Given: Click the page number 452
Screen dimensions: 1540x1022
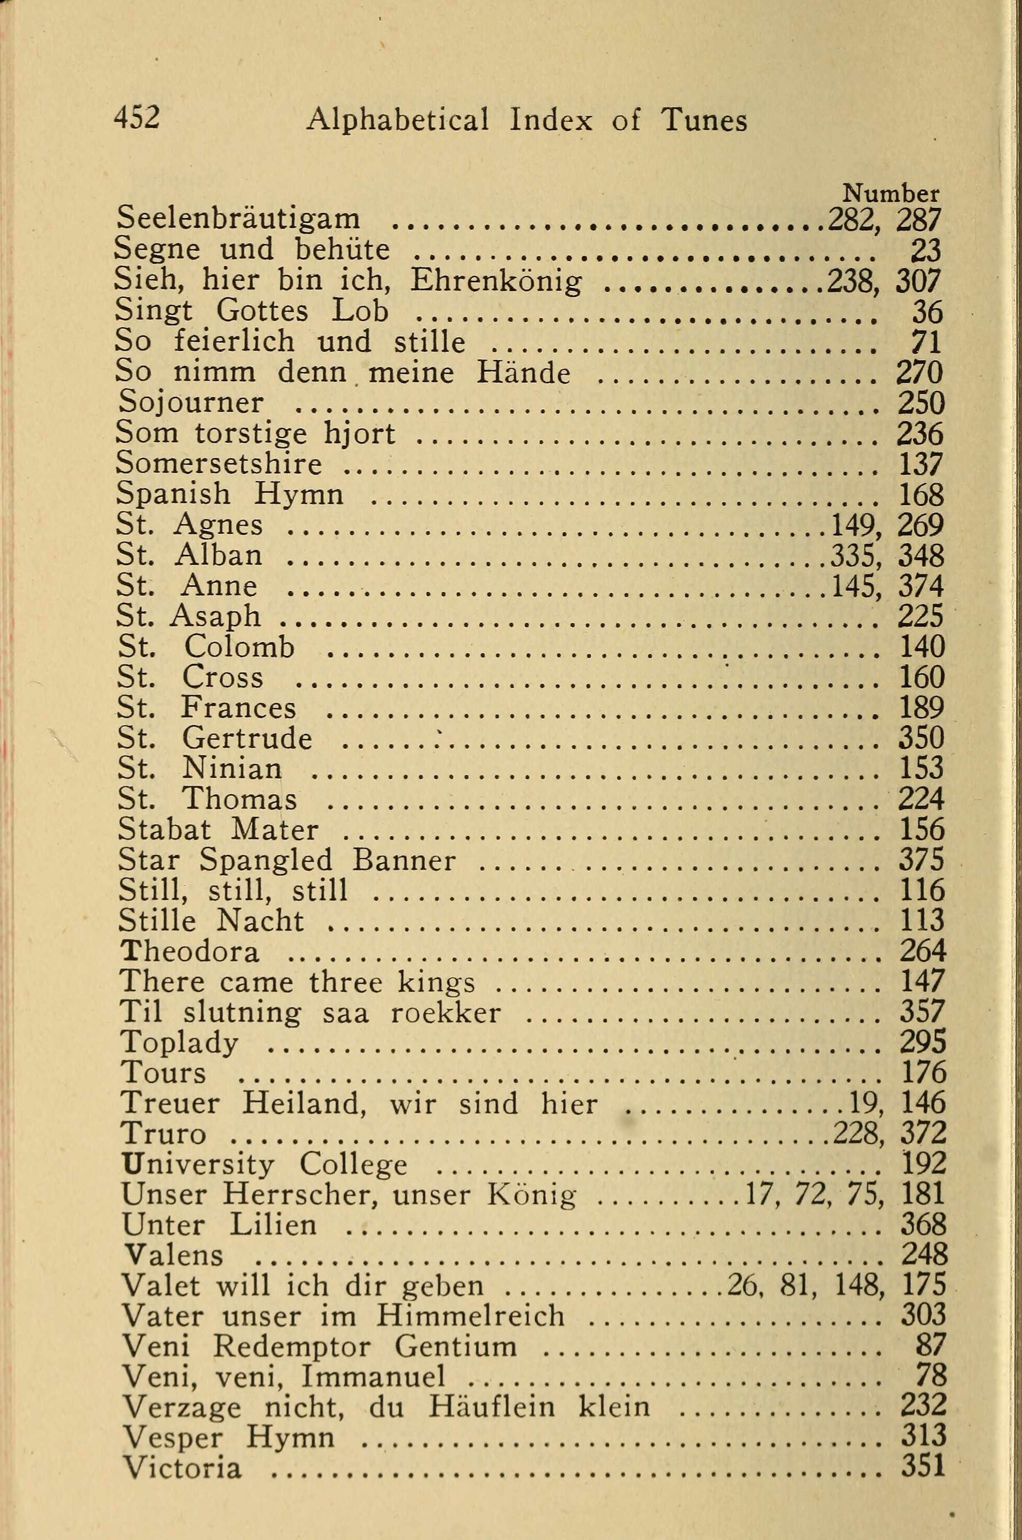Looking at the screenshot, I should tap(136, 119).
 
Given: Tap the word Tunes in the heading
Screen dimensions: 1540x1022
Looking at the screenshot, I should tap(704, 120).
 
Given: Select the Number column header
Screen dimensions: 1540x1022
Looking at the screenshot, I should tap(890, 194).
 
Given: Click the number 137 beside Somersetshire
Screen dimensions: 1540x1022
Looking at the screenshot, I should tap(921, 464).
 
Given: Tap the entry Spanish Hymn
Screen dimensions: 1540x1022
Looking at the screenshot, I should tap(229, 494).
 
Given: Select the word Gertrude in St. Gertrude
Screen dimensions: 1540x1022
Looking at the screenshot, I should tap(247, 738).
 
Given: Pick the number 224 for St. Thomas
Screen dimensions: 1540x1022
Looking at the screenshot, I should tap(921, 798).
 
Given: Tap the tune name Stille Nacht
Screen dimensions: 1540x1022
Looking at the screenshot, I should tap(211, 921).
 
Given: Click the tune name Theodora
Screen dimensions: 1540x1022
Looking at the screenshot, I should tap(190, 952).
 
